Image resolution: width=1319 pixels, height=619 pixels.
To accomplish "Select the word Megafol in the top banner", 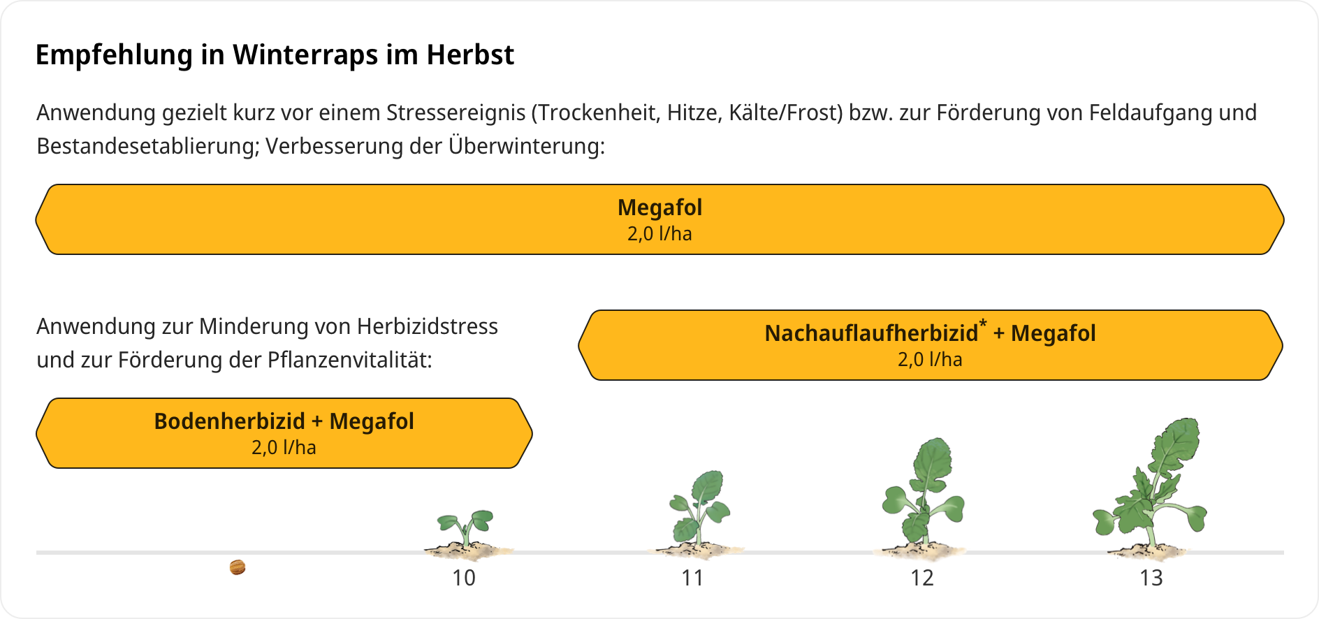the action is (659, 207).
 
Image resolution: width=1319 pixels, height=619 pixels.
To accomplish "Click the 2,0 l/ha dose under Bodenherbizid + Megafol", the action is (284, 447).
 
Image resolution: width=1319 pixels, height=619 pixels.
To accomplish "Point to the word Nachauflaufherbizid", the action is (871, 333).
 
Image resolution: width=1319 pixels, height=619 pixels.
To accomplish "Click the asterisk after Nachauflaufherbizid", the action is (983, 323).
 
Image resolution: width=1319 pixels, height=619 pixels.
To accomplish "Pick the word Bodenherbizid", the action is (229, 421).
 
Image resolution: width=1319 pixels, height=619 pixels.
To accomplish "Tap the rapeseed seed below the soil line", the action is (238, 567).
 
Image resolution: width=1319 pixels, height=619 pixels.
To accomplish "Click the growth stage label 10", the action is (464, 578).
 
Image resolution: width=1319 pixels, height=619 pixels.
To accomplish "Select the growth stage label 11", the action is (692, 578).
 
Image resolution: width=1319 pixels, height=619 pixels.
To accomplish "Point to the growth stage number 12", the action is (921, 578).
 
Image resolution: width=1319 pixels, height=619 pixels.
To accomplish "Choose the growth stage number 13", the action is (1151, 578).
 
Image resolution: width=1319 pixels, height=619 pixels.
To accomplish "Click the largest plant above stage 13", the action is (1150, 489).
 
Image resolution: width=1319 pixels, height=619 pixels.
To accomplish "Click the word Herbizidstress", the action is (427, 326).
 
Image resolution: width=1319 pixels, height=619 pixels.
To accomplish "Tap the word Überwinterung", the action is (527, 146).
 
